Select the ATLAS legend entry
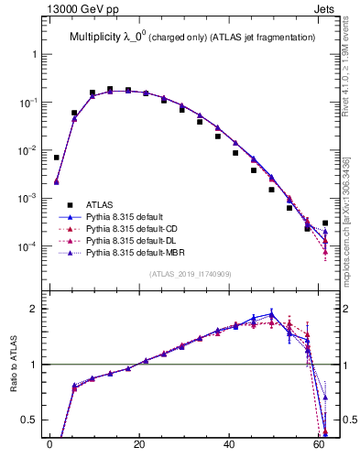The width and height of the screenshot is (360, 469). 100,204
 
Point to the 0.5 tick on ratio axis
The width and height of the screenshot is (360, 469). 31,420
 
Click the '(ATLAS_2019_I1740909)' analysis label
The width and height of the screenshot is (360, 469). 189,273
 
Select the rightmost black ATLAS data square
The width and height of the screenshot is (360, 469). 325,223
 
